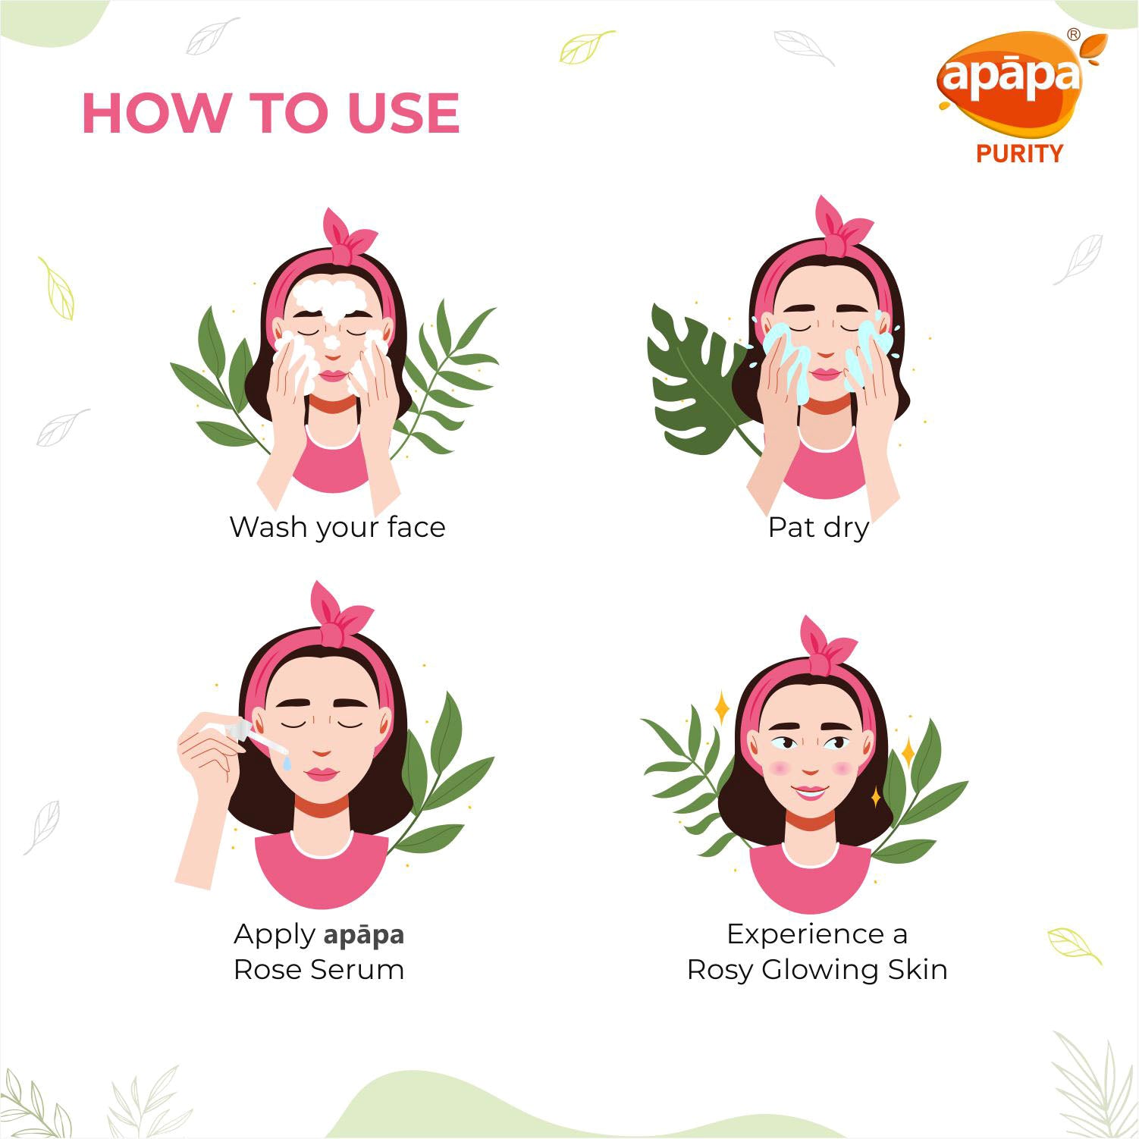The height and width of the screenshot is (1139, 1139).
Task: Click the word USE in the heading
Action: click(x=403, y=113)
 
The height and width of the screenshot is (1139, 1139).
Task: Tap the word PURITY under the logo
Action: click(x=1019, y=154)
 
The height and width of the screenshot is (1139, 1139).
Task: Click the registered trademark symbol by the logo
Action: click(x=1073, y=34)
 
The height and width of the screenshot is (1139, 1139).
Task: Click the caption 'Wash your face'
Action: click(x=337, y=528)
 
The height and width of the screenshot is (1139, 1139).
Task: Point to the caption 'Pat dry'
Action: click(x=818, y=528)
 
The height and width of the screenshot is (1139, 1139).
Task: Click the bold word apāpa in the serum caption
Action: click(x=364, y=935)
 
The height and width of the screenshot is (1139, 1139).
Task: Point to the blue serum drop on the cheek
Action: click(x=287, y=763)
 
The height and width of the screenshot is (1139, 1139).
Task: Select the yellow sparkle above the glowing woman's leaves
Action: click(x=722, y=708)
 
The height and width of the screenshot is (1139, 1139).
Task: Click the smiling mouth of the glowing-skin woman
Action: click(x=811, y=793)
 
